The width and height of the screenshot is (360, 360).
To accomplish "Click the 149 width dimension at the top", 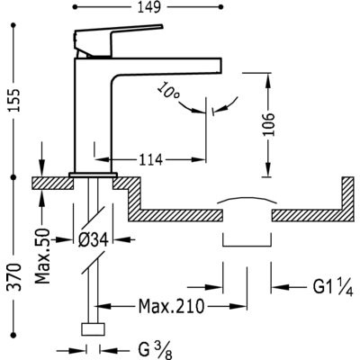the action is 149,7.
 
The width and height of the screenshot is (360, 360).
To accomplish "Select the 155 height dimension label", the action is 14,101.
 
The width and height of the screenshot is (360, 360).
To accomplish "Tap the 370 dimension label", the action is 14,277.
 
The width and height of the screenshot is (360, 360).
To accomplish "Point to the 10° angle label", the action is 168,92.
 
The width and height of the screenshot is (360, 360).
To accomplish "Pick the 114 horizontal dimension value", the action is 150,159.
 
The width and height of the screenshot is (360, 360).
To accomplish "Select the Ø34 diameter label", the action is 93,240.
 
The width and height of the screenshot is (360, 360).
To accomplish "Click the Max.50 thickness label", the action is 42,256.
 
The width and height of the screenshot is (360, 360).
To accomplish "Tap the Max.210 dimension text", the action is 171,306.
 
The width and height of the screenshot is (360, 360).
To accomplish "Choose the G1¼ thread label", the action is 333,287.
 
